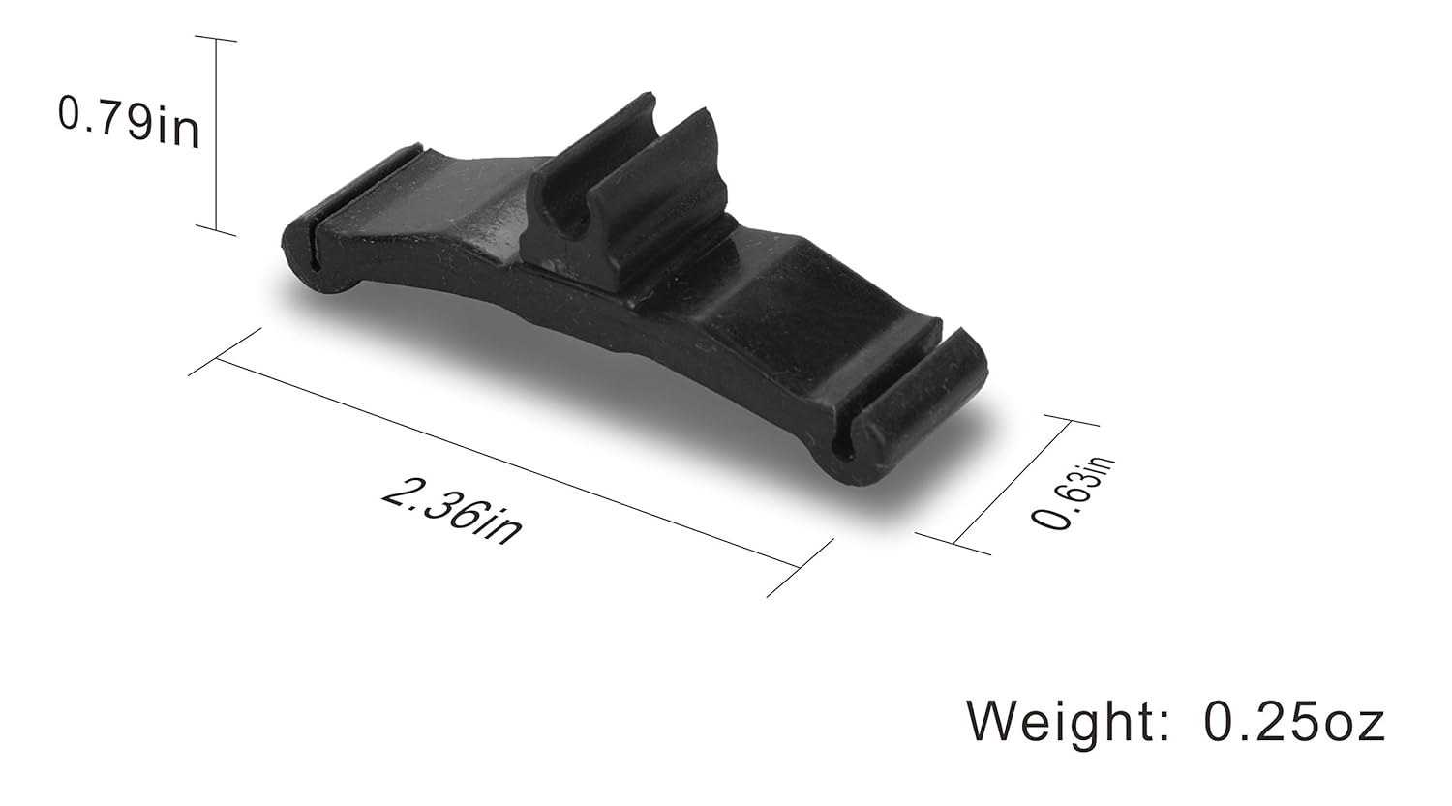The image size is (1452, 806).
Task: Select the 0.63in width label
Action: coord(1073,493)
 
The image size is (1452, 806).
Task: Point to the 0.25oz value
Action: coord(1294,722)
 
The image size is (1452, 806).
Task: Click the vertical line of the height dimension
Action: coord(216,135)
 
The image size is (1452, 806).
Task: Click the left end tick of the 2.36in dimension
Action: coord(226,351)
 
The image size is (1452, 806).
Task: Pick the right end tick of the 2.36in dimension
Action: coord(800,568)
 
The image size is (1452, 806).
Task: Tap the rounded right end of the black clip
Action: coord(920,411)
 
